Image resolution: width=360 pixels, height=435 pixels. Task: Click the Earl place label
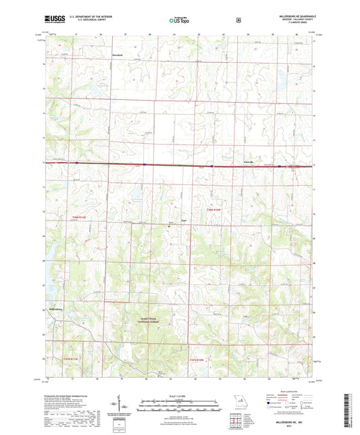182,220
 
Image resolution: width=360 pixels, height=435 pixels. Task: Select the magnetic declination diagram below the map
120,405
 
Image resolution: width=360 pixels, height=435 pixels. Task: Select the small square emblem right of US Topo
238,20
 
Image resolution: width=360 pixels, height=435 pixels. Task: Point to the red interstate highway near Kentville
223,164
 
